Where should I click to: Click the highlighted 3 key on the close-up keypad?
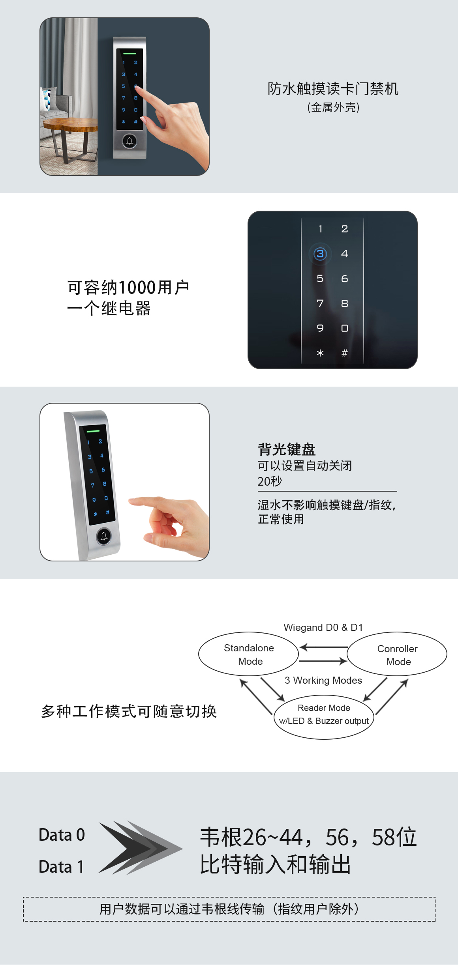(x=320, y=254)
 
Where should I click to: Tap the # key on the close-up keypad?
(x=345, y=353)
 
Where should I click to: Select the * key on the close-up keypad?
(x=320, y=353)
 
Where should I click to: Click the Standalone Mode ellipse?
(x=248, y=654)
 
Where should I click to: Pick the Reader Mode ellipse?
(x=324, y=714)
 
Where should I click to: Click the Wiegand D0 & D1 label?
(x=323, y=627)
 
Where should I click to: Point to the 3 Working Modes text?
(x=323, y=680)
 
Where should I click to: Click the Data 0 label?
(x=62, y=835)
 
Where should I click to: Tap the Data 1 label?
(x=61, y=867)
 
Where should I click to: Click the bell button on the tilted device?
(x=104, y=536)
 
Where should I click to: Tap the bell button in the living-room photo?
(x=130, y=141)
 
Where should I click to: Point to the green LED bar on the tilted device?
(x=93, y=431)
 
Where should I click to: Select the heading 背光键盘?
(x=287, y=449)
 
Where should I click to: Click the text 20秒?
(x=270, y=481)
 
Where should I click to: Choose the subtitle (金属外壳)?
(x=333, y=107)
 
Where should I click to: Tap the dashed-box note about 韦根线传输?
(x=229, y=909)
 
